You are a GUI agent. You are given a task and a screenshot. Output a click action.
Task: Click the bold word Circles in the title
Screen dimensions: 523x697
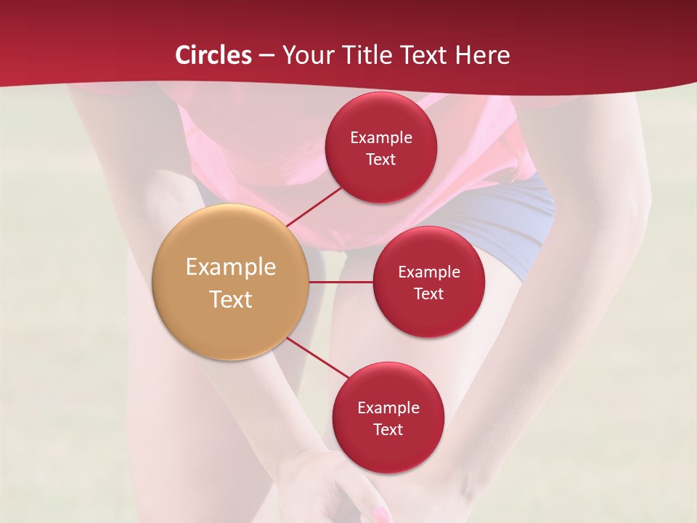[x=213, y=55]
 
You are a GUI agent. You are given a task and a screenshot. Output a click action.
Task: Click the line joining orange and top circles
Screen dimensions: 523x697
[x=314, y=206]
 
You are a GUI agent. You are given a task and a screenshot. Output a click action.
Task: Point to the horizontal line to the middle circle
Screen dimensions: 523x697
[x=341, y=282]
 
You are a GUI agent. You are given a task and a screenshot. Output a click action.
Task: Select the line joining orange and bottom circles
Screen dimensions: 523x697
[x=317, y=358]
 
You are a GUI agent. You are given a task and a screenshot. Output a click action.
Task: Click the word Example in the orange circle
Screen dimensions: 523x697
[x=231, y=267]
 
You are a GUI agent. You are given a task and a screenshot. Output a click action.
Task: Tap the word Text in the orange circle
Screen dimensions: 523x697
[x=231, y=299]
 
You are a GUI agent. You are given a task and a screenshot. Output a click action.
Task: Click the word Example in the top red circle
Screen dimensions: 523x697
[x=381, y=138]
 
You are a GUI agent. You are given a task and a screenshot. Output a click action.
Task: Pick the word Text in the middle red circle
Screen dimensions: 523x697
[x=429, y=294]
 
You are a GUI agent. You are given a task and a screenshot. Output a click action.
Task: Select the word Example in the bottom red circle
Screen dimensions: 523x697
[x=388, y=408]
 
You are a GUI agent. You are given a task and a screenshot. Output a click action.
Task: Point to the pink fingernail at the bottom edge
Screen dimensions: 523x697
[x=380, y=515]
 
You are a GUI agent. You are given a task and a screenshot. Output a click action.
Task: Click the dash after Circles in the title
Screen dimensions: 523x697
[x=266, y=56]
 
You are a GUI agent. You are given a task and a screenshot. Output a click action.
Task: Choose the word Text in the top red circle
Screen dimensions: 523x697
[x=381, y=160]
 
